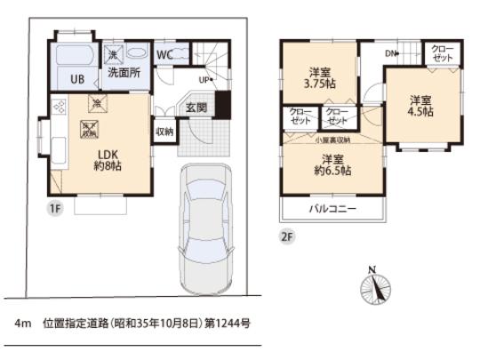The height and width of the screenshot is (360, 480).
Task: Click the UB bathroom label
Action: click(78, 79)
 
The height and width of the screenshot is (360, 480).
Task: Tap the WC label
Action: click(164, 53)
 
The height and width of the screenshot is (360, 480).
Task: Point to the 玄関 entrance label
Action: click(196, 108)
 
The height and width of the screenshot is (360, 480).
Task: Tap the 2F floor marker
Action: click(286, 237)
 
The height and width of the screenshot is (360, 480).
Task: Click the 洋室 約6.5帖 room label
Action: click(332, 166)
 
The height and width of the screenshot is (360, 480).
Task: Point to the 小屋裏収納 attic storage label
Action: click(332, 140)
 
